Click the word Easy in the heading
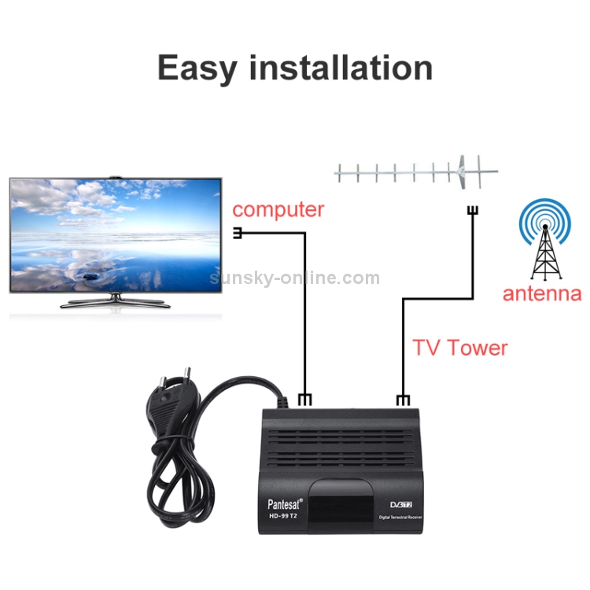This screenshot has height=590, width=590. tap(197, 68)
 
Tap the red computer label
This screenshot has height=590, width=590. tap(278, 210)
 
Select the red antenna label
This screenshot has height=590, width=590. tap(542, 293)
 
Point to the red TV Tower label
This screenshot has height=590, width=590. tap(460, 348)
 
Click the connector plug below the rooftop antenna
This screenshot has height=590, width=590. tap(473, 211)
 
